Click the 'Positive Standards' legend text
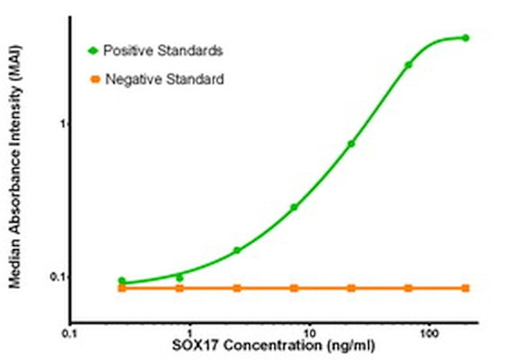[163, 51]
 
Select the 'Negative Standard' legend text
[165, 79]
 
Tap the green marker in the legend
[94, 51]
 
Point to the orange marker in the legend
[94, 79]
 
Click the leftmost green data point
[122, 280]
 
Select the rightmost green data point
[466, 37]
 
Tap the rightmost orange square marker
[466, 288]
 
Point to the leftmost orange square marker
[122, 288]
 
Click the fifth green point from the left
[351, 144]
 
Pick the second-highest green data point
[408, 65]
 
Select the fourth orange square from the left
[294, 288]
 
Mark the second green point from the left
[179, 277]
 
